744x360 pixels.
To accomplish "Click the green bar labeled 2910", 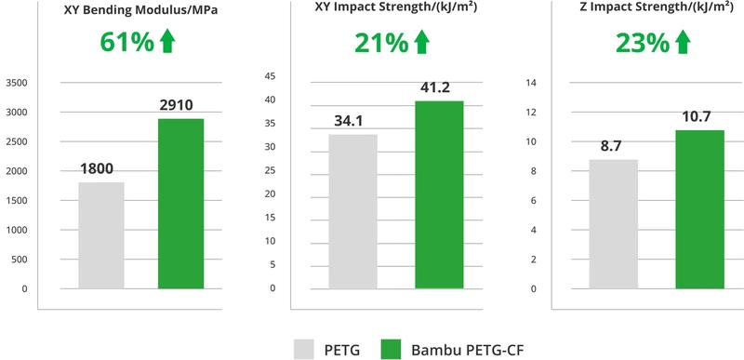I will point(180,204).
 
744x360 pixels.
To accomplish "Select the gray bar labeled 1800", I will point(101,235).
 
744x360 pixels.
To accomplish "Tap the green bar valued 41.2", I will point(438,194).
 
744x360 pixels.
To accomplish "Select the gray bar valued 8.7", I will point(614,224).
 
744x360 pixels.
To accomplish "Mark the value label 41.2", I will point(437,86).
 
